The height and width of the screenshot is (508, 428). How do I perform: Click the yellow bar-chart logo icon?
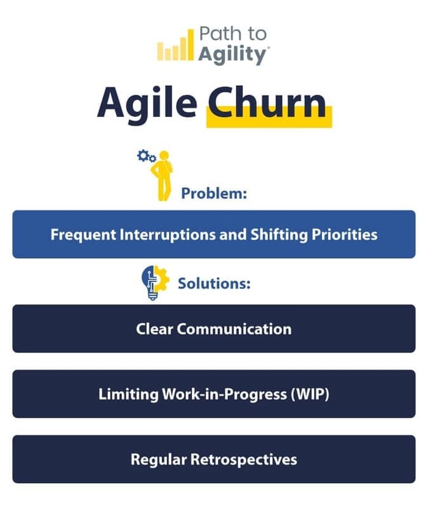173,46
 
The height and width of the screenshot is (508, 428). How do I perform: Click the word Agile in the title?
147,104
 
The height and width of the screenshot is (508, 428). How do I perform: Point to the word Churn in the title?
267,104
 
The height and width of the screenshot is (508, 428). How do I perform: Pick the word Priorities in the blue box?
344,234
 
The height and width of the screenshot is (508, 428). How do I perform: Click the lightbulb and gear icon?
154,282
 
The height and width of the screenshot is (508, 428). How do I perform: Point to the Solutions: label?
214,283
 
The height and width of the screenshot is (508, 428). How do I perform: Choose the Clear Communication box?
214,329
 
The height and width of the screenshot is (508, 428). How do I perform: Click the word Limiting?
128,394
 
